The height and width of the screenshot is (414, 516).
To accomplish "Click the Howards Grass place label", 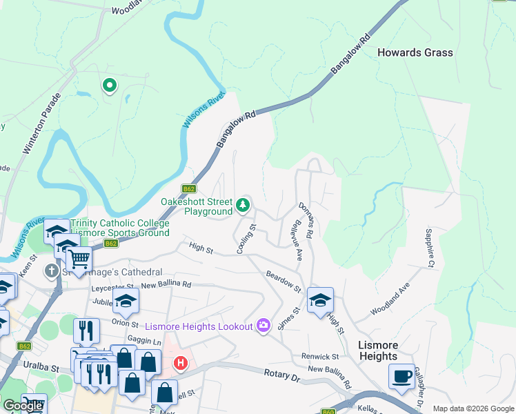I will pos(415,52).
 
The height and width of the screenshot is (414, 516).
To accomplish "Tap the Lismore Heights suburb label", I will pos(378,351).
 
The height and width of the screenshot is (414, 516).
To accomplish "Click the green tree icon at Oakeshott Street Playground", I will pos(243,204).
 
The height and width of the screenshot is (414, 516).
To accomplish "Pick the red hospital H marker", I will pos(181,362).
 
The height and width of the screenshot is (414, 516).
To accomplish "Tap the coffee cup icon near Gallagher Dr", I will pos(401,377).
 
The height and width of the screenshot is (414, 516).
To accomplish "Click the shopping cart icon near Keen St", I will pos(79,259).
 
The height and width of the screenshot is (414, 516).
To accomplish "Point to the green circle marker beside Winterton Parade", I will pos(109,86).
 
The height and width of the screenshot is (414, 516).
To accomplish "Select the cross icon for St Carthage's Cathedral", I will pos(52,272).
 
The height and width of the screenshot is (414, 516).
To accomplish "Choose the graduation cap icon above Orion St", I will pos(126,301).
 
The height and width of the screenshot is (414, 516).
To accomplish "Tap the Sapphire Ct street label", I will pos(430,248).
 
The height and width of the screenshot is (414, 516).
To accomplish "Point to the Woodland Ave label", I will pos(390,298).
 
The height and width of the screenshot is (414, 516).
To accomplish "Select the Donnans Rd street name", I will pos(306,221).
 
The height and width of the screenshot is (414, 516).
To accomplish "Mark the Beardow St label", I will pos(284,282).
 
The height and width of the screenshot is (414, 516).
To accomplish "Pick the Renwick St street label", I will pos(320,357).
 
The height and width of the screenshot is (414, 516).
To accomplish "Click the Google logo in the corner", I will pos(23,406).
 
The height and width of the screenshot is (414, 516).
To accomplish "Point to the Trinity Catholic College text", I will pos(119,224).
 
